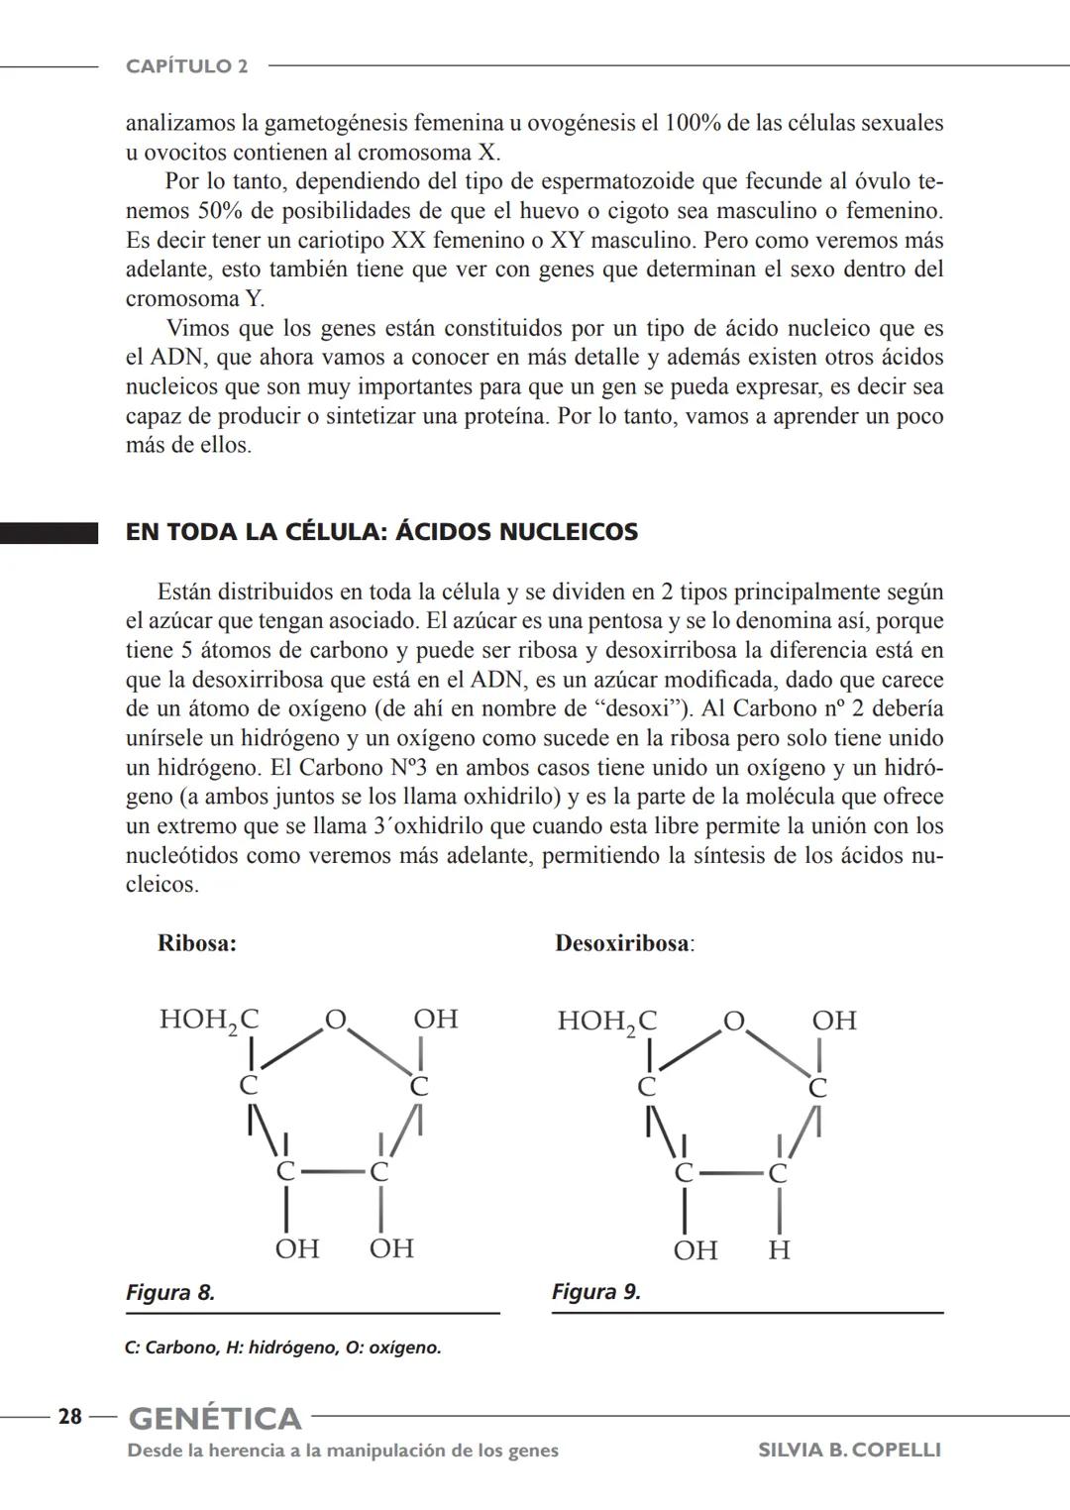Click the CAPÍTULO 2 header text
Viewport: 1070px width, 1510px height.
(186, 66)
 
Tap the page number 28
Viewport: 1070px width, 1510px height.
(70, 1417)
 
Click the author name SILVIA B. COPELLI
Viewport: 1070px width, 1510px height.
(849, 1451)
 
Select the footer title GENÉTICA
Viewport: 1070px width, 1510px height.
(215, 1418)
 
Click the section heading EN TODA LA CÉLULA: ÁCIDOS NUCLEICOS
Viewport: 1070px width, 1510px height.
(381, 532)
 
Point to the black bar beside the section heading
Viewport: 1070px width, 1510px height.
(49, 534)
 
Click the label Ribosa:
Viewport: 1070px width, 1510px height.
(197, 943)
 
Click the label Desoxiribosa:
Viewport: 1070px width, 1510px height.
(624, 943)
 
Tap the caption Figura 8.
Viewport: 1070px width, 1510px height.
(170, 1292)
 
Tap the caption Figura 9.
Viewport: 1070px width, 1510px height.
(596, 1292)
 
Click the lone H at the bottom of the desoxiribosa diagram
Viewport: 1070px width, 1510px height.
(779, 1250)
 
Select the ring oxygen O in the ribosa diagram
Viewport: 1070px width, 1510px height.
(336, 1019)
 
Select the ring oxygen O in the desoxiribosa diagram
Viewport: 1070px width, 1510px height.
(733, 1021)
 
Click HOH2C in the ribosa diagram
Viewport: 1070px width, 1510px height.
(209, 1020)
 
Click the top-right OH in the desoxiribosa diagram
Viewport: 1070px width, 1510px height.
(833, 1021)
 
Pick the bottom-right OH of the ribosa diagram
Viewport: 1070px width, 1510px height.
(391, 1247)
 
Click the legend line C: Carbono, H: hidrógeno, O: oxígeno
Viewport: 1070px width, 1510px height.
(283, 1348)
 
